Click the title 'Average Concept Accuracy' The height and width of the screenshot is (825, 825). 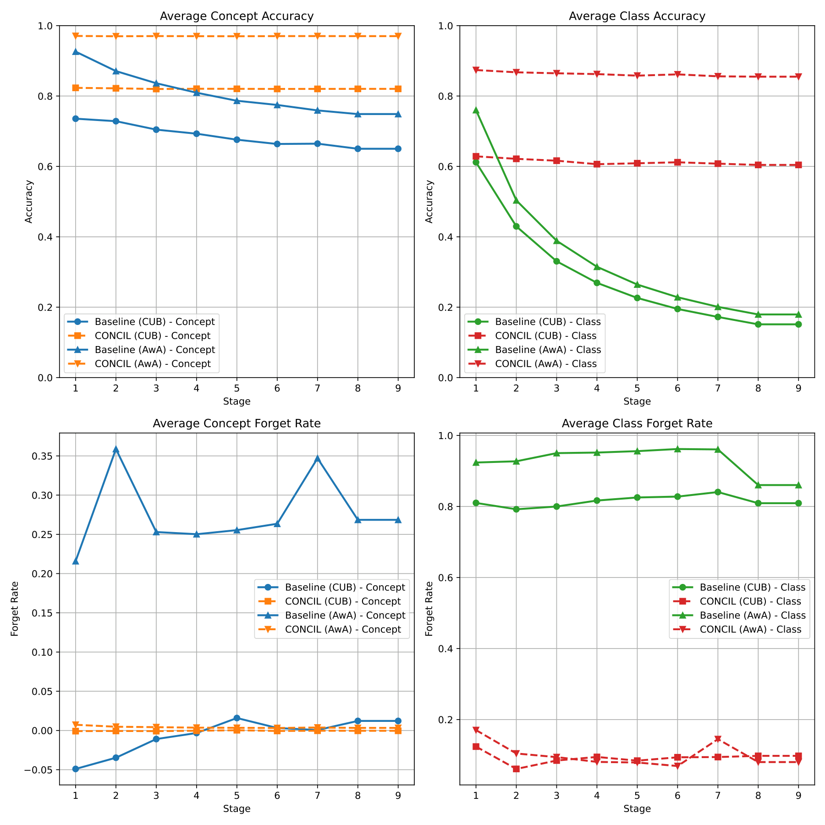236,16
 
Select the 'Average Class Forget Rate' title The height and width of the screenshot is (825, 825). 637,423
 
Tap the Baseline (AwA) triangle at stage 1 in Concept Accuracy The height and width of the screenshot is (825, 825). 76,52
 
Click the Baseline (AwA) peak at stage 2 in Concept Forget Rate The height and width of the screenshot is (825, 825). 116,449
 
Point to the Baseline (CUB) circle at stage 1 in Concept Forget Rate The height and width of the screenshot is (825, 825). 76,769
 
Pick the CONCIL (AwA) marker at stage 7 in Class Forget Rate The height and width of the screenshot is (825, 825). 718,739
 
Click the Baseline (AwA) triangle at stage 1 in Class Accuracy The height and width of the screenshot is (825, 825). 476,110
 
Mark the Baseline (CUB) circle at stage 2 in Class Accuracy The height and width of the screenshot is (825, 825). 516,226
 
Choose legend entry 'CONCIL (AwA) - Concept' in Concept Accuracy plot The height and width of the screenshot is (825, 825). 153,363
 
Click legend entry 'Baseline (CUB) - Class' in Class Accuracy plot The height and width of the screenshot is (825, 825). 548,322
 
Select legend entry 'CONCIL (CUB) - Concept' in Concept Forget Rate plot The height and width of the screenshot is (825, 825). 342,601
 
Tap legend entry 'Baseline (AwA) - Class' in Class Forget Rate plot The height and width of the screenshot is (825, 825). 752,615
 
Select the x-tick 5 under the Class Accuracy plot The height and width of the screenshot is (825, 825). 637,388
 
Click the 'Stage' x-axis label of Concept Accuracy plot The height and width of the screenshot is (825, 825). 236,401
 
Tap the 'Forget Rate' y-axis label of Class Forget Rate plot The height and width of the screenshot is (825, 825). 429,609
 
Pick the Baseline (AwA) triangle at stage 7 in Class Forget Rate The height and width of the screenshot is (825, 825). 718,450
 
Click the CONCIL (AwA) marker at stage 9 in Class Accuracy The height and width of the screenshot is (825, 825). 798,77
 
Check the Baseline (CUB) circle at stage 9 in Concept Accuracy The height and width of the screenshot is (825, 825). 398,148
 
